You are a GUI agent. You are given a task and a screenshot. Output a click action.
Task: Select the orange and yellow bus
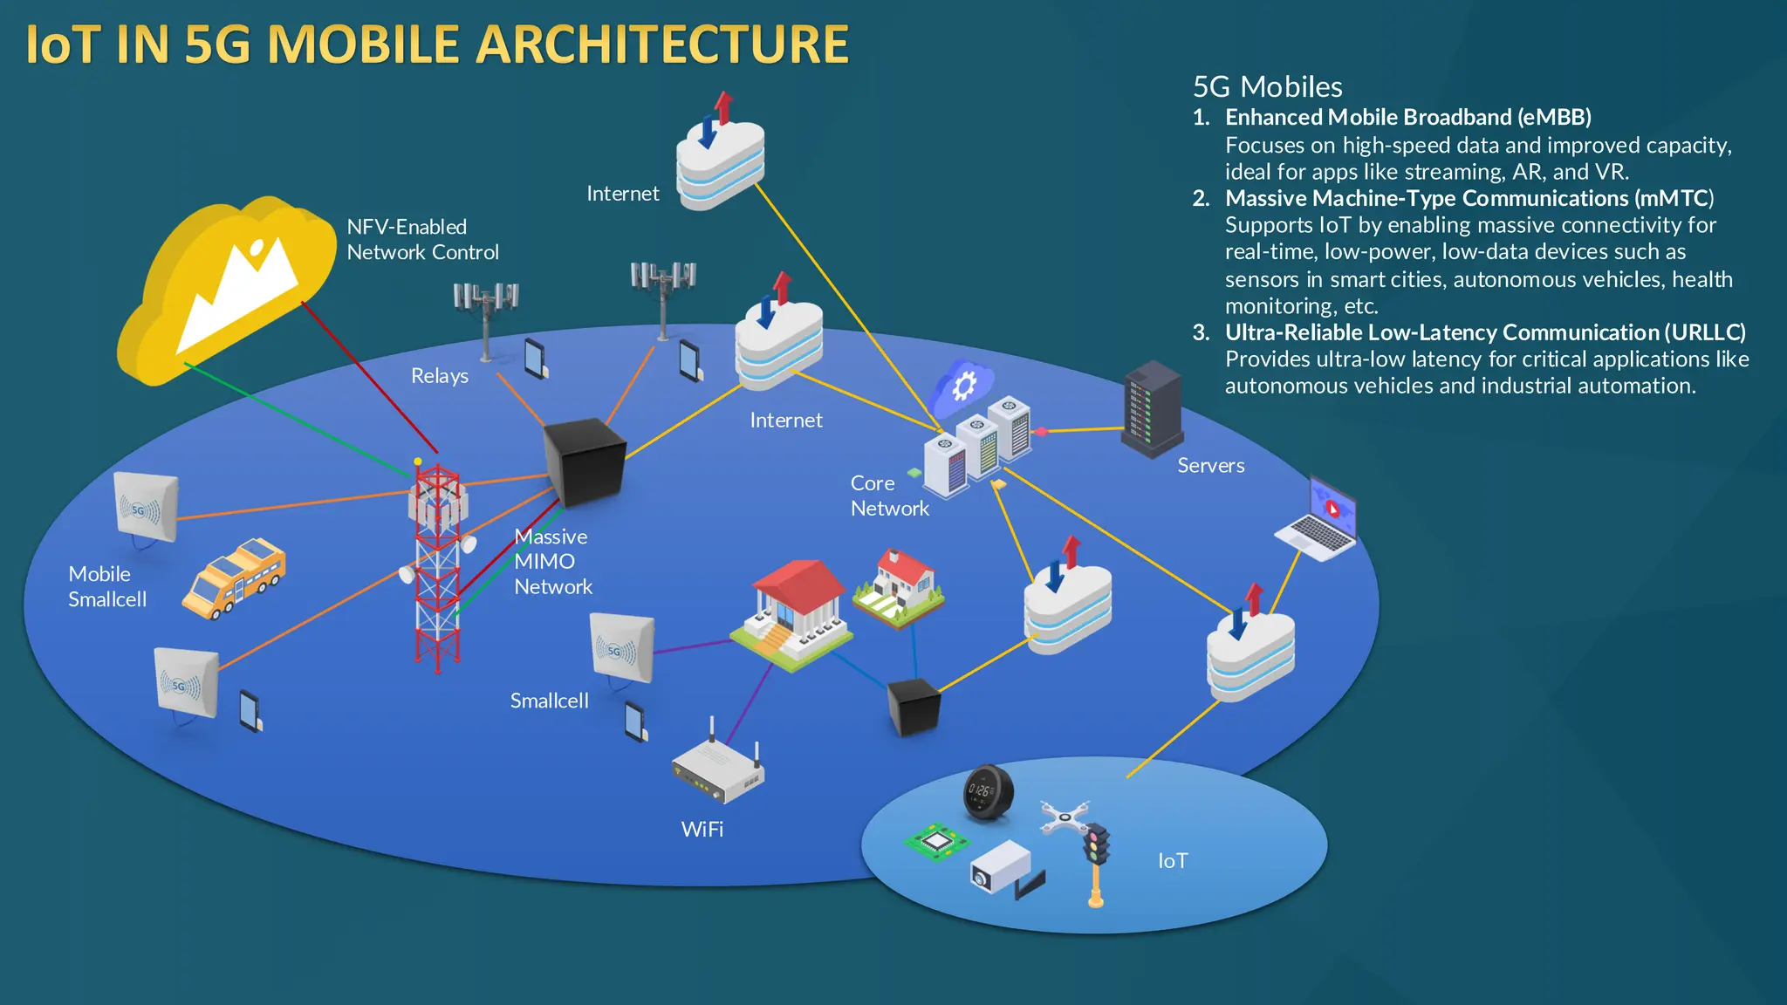234,578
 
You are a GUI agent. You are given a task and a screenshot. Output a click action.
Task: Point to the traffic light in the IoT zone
1096,859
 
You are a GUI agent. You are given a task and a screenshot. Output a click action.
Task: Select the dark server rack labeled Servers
1152,408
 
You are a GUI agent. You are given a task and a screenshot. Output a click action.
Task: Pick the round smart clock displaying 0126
987,793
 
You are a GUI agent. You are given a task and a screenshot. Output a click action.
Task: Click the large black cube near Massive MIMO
585,462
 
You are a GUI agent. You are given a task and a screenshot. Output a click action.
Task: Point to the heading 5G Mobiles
1267,87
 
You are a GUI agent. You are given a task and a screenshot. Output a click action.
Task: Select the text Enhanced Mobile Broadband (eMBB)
1407,118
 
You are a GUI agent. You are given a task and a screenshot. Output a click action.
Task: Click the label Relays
440,376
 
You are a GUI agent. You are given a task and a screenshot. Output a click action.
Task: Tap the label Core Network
888,496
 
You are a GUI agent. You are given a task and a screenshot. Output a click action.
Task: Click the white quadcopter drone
1065,817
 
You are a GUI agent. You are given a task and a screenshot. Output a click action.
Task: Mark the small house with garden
899,588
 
